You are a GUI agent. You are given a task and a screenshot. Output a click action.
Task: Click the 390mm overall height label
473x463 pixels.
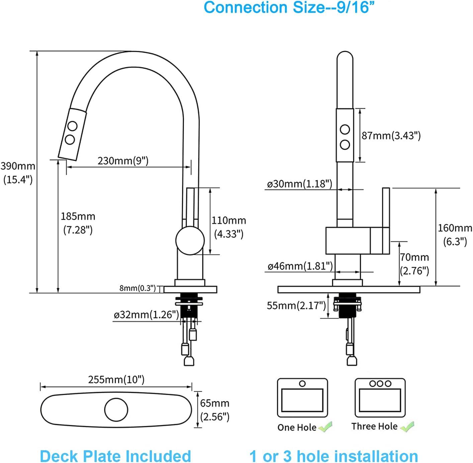pos(18,173)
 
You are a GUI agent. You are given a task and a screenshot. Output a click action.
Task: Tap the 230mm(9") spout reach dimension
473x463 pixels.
pos(123,161)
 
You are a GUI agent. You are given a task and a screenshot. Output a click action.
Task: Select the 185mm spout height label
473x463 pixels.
pos(78,223)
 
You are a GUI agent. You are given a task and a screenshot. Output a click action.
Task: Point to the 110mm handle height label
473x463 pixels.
pos(228,227)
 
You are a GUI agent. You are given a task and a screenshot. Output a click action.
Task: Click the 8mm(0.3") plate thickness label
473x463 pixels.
pos(137,288)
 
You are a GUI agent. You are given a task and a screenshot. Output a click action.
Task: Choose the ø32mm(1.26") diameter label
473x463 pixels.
pos(146,315)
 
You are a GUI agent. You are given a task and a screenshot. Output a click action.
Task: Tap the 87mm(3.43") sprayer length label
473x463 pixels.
pos(391,135)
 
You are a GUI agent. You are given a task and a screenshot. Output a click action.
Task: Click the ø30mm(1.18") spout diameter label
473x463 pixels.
pos(299,184)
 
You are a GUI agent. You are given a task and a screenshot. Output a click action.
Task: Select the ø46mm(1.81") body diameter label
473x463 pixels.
pos(300,266)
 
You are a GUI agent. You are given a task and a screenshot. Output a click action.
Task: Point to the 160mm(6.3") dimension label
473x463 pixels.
pos(455,235)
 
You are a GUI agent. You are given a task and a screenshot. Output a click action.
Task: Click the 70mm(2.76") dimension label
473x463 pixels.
pos(414,264)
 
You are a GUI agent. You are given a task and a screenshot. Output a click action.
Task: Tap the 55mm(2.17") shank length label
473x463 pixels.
pos(296,305)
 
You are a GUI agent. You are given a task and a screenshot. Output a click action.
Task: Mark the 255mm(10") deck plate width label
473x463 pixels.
pos(116,380)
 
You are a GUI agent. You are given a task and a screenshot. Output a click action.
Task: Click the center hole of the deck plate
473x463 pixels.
pos(116,409)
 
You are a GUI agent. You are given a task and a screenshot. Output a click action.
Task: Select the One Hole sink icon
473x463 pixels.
pos(302,398)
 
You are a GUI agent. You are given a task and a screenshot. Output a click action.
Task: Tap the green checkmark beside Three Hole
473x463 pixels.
pos(407,427)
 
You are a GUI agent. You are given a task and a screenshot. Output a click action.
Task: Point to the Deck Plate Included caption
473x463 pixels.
pos(115,456)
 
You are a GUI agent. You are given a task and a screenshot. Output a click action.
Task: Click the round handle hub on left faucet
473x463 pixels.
pos(190,240)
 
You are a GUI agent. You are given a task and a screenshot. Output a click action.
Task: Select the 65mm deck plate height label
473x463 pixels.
pos(214,410)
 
